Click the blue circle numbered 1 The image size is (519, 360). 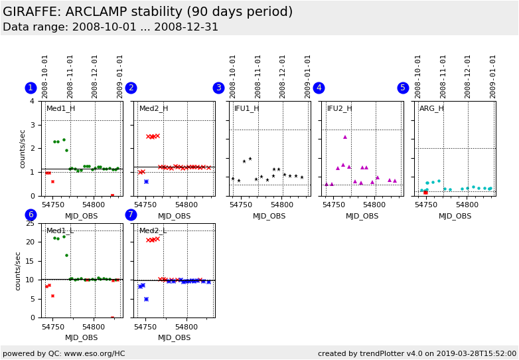coord(31,88)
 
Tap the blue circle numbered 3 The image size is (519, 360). coord(218,88)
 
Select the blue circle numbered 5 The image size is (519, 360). coord(403,88)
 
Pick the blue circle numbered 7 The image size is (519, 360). coord(131,215)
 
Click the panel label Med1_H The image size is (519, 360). coord(60,109)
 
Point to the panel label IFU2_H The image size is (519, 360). coord(340,109)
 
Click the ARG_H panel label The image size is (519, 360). coord(431,109)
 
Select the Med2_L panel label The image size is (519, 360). coord(153,231)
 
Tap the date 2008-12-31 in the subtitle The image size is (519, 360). coord(186,27)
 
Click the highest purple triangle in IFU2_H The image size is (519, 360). coord(345,137)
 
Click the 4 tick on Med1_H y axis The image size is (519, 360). coord(32,102)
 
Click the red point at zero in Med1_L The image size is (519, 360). coord(112,317)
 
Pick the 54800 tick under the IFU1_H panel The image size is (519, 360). coord(281,205)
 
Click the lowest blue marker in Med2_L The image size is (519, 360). coord(146,299)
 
